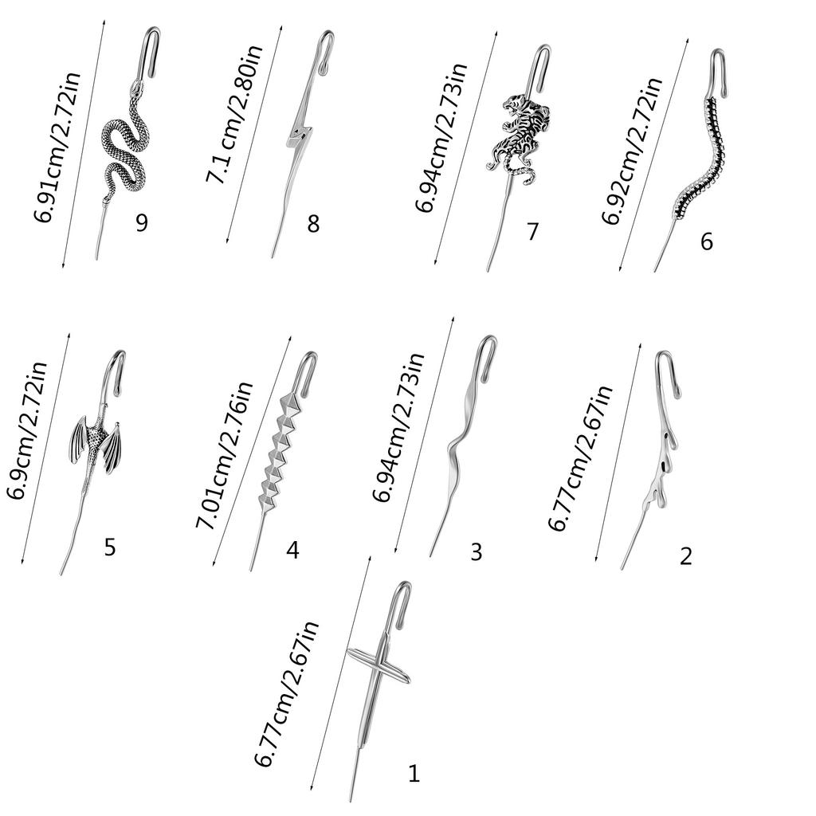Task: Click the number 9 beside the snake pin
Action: tap(142, 222)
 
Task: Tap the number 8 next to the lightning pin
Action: tap(313, 224)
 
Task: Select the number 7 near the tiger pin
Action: tap(532, 232)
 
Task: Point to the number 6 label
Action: tap(706, 241)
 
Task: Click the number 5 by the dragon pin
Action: tap(110, 547)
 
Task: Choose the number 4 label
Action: tap(292, 550)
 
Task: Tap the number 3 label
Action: tap(476, 551)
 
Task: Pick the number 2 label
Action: tap(686, 556)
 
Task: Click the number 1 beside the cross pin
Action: tap(413, 773)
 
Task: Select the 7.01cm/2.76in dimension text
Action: tap(224, 455)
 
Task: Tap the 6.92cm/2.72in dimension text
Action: tap(632, 151)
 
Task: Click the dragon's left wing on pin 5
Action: tap(80, 441)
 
